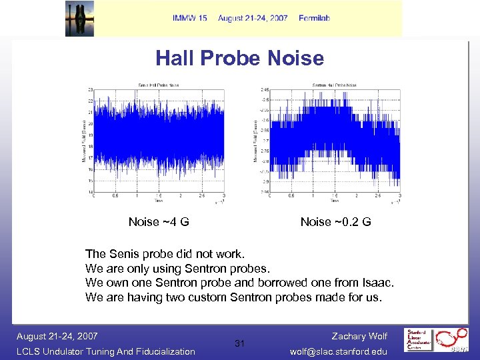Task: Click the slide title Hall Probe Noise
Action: tap(239, 59)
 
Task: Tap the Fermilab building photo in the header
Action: tap(79, 19)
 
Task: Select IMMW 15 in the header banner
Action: tap(189, 18)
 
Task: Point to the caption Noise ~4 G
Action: tap(159, 222)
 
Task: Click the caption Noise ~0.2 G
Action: tap(335, 222)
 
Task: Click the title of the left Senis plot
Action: tap(158, 85)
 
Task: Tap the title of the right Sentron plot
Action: tap(334, 85)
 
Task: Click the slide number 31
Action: tap(240, 343)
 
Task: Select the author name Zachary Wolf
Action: tap(359, 337)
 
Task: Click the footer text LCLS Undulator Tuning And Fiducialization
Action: tap(106, 351)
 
